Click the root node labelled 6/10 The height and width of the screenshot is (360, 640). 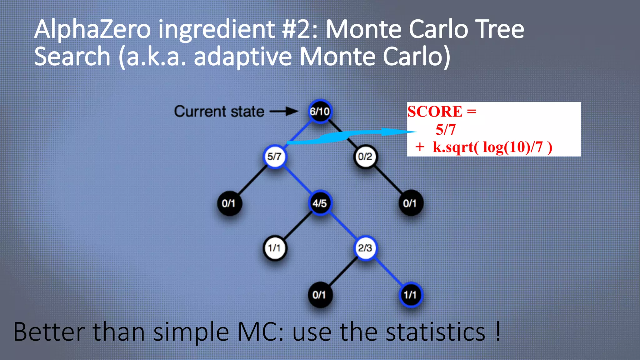[x=320, y=111]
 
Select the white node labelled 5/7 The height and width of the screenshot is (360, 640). [x=274, y=156]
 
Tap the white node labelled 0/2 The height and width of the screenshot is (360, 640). [x=365, y=156]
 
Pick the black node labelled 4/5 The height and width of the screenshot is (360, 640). [x=320, y=203]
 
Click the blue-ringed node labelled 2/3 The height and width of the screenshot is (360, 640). [x=365, y=248]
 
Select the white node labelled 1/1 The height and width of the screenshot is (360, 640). [x=274, y=248]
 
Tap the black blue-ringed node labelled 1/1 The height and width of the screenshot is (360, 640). [x=410, y=294]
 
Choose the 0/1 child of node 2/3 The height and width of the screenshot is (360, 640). [x=320, y=294]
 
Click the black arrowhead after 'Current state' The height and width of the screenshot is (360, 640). [x=292, y=111]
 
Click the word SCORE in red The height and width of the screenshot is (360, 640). [x=435, y=112]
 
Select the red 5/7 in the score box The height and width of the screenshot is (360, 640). [x=446, y=129]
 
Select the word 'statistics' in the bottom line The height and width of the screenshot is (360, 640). [x=435, y=332]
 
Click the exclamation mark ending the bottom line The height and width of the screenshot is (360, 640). [x=498, y=331]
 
